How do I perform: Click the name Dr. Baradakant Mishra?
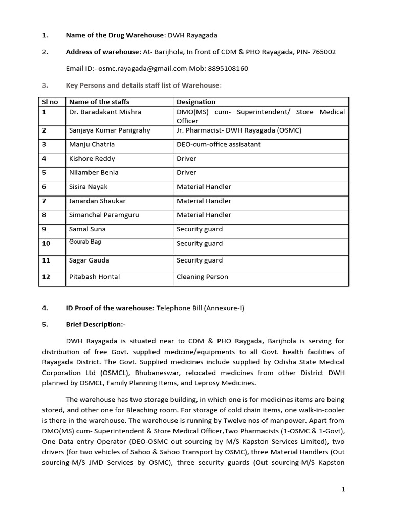105,112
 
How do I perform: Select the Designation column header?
196,102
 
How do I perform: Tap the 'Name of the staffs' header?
99,102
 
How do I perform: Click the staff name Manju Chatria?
92,144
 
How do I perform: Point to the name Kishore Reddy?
92,159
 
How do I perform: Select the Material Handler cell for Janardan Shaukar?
204,201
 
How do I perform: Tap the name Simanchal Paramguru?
104,215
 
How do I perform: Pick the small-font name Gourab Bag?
85,242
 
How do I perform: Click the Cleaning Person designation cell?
202,277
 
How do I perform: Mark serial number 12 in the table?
46,277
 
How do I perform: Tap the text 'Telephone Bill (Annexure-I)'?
201,308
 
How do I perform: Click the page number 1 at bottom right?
343,489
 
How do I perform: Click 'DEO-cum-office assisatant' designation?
219,144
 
